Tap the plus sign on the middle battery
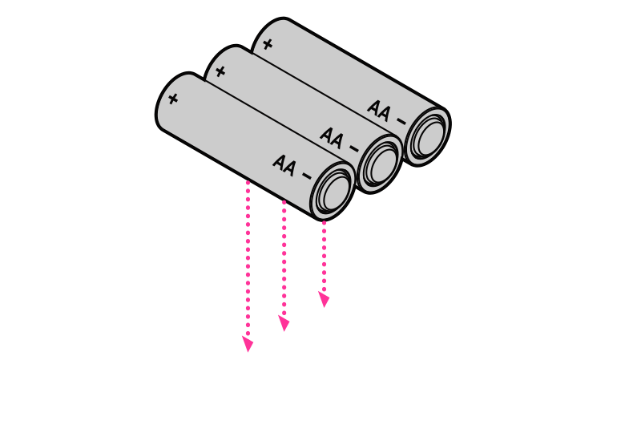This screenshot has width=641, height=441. pos(220,71)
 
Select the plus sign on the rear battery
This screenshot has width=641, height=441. pos(267,44)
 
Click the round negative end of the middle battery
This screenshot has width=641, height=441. pos(379,163)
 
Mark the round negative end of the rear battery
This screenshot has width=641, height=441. pos(426,134)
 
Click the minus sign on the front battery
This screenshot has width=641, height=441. pos(306,174)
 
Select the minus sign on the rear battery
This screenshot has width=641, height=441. pos(400,119)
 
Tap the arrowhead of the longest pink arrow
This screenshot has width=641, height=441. pos(248,345)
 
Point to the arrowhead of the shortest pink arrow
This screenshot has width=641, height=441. pos(324,301)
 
